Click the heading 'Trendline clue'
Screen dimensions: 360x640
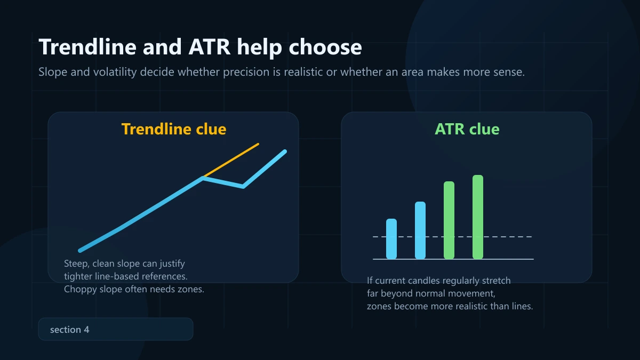(x=174, y=129)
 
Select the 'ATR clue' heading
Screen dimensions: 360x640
(x=467, y=129)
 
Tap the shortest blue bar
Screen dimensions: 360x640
(x=391, y=239)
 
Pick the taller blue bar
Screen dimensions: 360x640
(x=420, y=230)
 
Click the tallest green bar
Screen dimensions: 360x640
(x=478, y=217)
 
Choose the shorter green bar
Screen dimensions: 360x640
(x=449, y=220)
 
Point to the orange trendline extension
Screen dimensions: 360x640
(x=231, y=160)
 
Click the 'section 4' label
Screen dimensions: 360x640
(x=70, y=330)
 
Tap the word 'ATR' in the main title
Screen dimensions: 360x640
(x=210, y=47)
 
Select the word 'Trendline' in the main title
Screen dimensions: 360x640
(x=88, y=47)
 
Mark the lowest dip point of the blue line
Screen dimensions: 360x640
(x=243, y=186)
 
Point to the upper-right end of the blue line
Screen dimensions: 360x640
(x=285, y=151)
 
